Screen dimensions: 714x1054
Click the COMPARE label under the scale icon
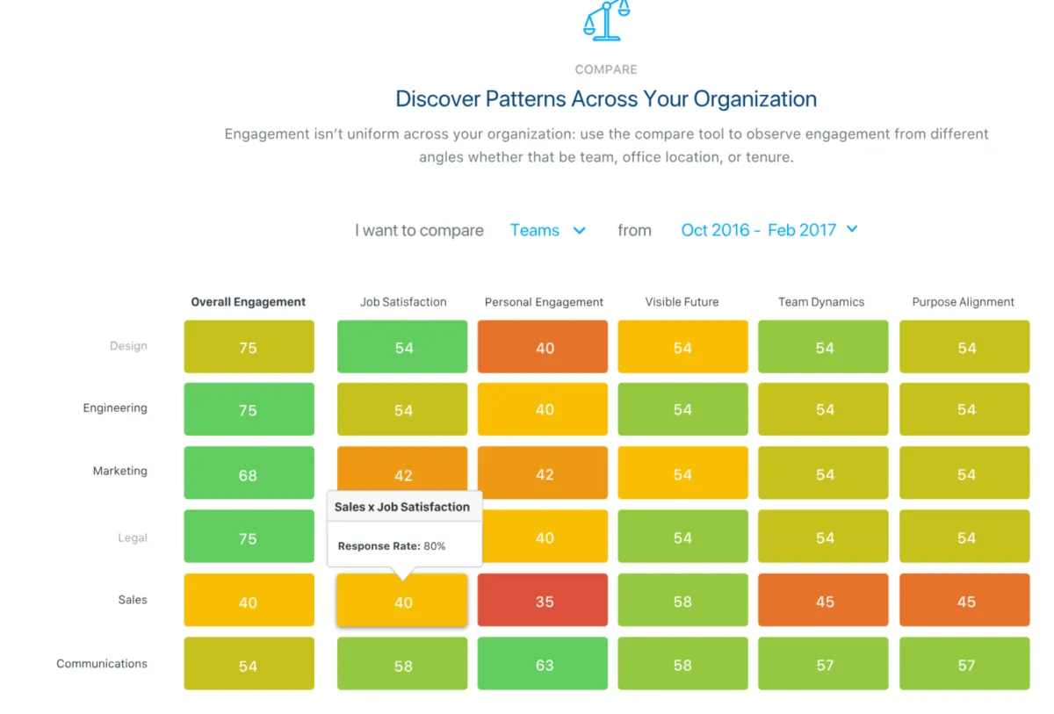[606, 69]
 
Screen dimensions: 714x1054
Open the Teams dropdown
[547, 230]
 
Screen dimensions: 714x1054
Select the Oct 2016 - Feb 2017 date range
[769, 230]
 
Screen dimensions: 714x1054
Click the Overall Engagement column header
[249, 302]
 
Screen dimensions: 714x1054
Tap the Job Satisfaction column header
[403, 302]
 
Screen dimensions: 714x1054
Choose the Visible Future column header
[682, 302]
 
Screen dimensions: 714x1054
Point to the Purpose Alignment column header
[963, 302]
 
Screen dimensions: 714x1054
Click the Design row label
[128, 346]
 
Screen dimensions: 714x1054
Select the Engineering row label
[115, 408]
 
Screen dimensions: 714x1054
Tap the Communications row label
[102, 664]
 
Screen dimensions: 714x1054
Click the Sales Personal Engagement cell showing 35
[543, 601]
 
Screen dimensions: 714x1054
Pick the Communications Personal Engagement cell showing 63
[543, 664]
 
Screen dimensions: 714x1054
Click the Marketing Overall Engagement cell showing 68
[249, 474]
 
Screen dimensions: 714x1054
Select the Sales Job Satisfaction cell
[402, 602]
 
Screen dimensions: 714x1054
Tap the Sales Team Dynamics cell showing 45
[823, 601]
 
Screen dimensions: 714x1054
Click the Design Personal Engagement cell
[543, 347]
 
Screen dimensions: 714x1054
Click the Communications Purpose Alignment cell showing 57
[964, 664]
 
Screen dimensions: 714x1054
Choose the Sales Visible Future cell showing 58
[682, 601]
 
